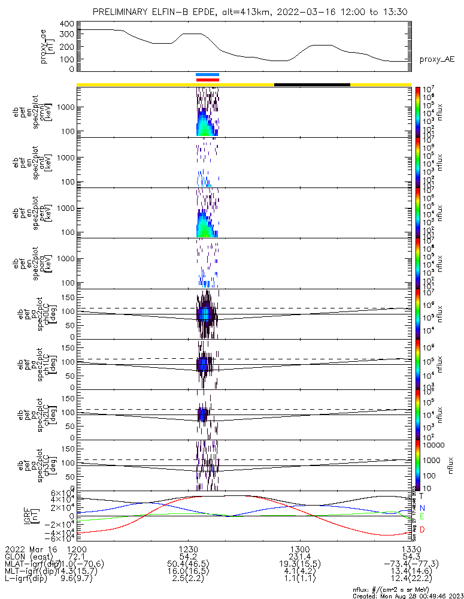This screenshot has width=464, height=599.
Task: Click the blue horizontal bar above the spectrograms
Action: [208, 74]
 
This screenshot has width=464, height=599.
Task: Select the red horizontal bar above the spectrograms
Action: [208, 79]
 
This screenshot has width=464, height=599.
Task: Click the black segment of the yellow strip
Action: [312, 84]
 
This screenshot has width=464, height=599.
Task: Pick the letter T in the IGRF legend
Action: [421, 496]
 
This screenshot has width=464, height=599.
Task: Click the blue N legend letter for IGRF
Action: [421, 508]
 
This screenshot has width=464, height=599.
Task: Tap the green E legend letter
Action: [421, 517]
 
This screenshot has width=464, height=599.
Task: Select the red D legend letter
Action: [421, 530]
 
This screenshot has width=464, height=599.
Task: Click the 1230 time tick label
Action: [189, 549]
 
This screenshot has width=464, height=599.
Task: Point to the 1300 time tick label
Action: [299, 549]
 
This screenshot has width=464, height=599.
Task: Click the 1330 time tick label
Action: [411, 549]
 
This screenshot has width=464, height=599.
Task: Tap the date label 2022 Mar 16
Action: [30, 549]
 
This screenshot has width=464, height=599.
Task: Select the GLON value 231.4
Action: [299, 556]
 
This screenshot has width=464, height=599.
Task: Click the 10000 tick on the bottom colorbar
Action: [432, 446]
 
